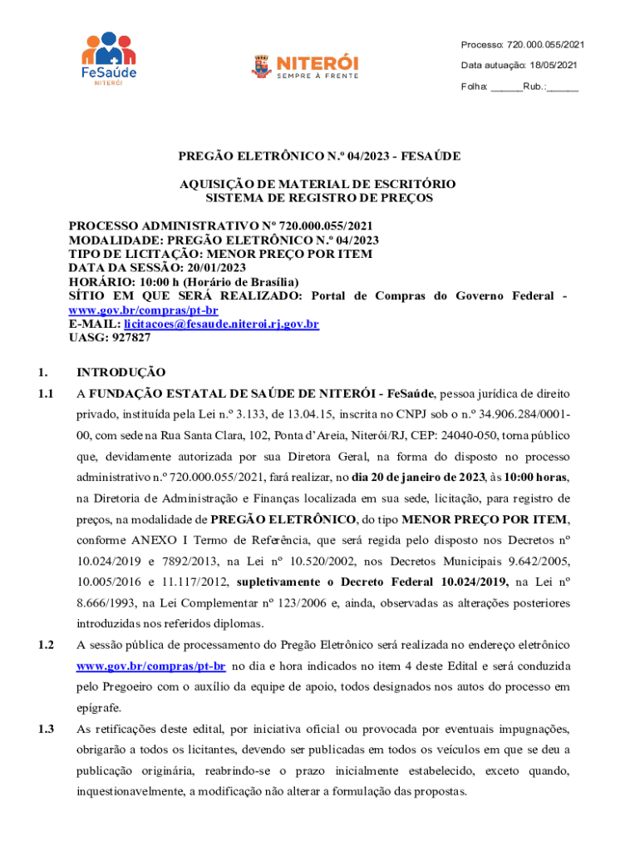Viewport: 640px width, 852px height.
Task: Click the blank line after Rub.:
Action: tap(563, 87)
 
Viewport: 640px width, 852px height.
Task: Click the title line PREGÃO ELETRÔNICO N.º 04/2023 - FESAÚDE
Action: tap(319, 156)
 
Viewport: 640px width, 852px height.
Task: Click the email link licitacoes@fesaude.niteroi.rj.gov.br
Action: tap(222, 324)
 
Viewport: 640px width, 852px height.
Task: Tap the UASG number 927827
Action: tap(128, 338)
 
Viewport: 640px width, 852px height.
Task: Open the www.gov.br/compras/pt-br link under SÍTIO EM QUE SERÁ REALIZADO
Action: tap(143, 310)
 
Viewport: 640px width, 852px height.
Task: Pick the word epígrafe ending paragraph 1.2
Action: tap(99, 708)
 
